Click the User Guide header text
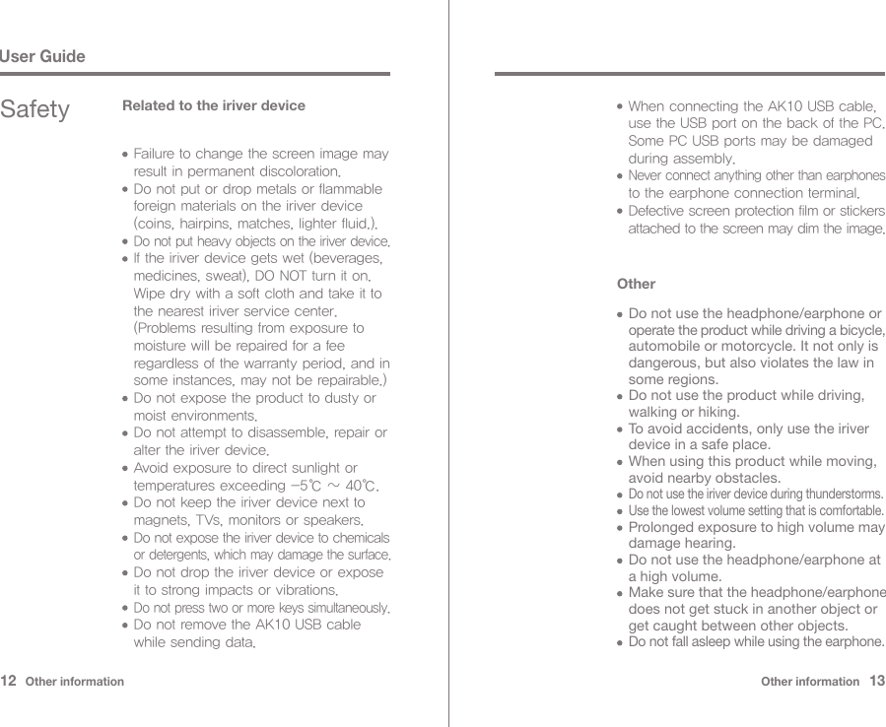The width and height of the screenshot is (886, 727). pyautogui.click(x=42, y=56)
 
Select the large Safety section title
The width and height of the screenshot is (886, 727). pyautogui.click(x=35, y=109)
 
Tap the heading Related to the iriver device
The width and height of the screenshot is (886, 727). pyautogui.click(x=213, y=105)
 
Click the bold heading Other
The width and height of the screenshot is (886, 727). pyautogui.click(x=636, y=284)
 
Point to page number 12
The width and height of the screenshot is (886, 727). pyautogui.click(x=10, y=681)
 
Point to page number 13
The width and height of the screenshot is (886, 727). pyautogui.click(x=876, y=681)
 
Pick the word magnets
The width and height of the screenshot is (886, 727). pyautogui.click(x=163, y=520)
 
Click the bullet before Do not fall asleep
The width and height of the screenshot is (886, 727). pyautogui.click(x=618, y=643)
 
